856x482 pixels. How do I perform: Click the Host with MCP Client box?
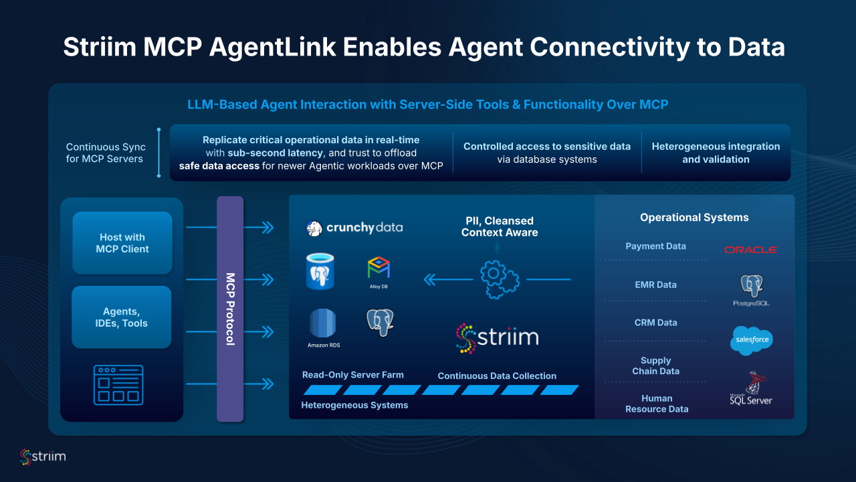click(x=122, y=243)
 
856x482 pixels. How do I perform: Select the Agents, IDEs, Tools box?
click(x=121, y=317)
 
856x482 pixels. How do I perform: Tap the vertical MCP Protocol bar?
click(x=229, y=309)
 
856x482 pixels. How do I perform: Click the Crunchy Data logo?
click(x=354, y=228)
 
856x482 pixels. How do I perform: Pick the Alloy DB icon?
click(x=379, y=270)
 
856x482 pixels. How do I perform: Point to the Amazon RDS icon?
click(x=323, y=325)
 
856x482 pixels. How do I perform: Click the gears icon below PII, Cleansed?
click(x=500, y=279)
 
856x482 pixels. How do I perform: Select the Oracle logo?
click(x=750, y=250)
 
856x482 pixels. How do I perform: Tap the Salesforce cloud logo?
click(x=751, y=340)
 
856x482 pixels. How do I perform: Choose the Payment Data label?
click(x=655, y=246)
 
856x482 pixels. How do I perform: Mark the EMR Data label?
click(x=655, y=285)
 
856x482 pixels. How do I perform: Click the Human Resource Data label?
click(x=656, y=404)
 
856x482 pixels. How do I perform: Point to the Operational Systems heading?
click(x=694, y=218)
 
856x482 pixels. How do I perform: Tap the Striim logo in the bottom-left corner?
click(x=43, y=457)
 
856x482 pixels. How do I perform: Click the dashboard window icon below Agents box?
click(x=118, y=385)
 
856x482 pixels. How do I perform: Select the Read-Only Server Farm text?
click(x=352, y=375)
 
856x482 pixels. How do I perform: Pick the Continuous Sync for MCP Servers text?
click(x=106, y=153)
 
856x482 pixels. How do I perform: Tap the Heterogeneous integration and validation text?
click(x=716, y=153)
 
